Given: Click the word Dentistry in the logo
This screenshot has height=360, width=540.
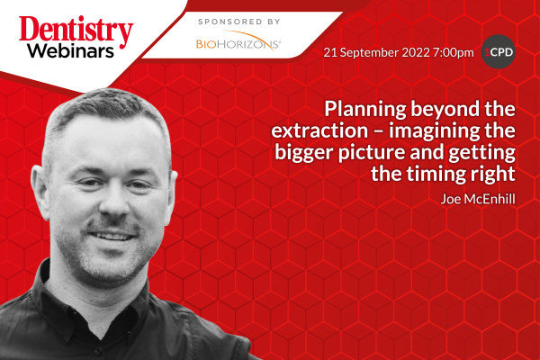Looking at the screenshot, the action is click(76, 31).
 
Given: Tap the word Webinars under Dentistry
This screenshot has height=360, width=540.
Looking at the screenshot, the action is click(70, 51).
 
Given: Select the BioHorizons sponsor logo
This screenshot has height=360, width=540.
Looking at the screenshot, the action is click(238, 41).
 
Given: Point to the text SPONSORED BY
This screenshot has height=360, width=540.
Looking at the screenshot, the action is click(239, 22).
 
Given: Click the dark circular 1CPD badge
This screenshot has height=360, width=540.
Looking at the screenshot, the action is click(498, 51).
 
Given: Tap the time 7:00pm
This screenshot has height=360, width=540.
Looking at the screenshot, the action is click(454, 53).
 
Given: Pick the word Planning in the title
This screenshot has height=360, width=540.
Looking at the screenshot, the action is click(365, 110).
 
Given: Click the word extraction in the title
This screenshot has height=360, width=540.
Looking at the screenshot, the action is click(319, 130).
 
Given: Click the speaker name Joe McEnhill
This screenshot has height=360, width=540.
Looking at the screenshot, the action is click(478, 199).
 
